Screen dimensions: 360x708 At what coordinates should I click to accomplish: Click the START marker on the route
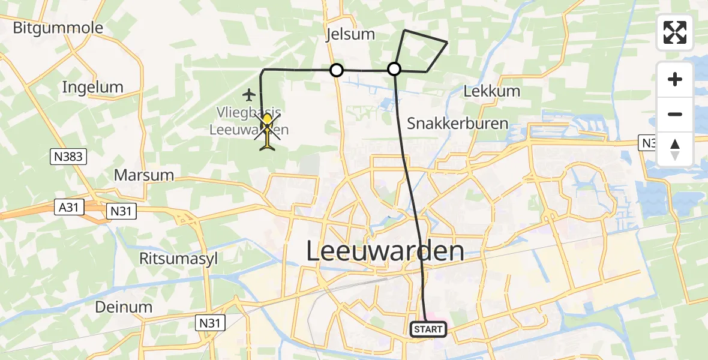point(428,329)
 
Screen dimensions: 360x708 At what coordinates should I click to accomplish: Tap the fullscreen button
point(675,32)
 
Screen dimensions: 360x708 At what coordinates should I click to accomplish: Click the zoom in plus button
point(675,79)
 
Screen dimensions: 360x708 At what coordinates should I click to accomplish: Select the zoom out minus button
point(675,114)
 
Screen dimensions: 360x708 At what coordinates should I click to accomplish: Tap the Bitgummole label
point(58,28)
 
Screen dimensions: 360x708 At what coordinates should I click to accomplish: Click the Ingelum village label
point(92,87)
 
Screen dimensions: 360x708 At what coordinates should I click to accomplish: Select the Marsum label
point(143,175)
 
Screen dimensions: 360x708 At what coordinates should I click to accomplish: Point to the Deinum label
point(123,307)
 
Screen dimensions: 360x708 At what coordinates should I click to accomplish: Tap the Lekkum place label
point(492,91)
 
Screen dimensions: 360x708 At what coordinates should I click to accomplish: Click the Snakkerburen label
point(458,124)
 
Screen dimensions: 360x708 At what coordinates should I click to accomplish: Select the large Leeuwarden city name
point(385,251)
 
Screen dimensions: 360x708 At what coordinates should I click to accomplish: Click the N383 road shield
point(68,157)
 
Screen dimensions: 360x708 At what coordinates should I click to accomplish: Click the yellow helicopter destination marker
point(267,129)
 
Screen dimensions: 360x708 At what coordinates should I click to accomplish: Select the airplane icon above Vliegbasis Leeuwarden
point(250,94)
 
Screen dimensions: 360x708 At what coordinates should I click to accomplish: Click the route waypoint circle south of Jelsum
point(337,71)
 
